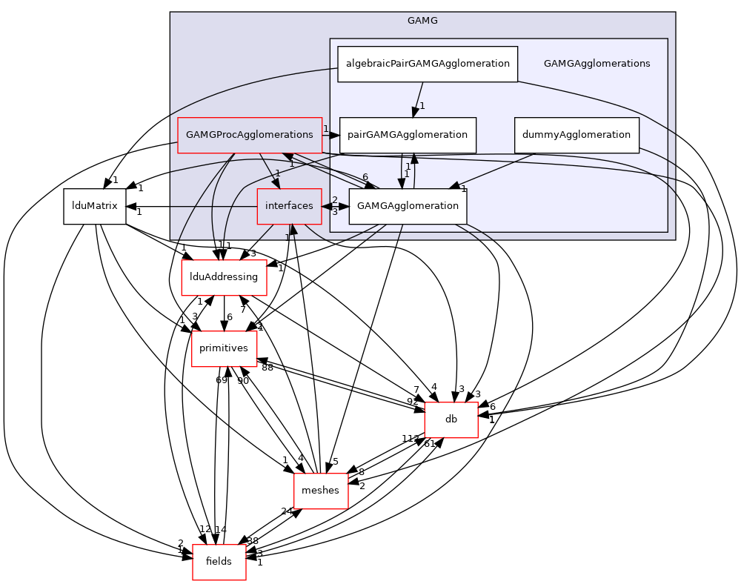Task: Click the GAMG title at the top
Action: click(x=422, y=21)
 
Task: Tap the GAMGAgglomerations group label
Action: click(x=597, y=64)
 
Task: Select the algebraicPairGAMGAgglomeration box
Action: click(x=428, y=64)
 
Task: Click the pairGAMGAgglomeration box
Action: click(x=408, y=135)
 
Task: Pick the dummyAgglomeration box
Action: click(x=576, y=135)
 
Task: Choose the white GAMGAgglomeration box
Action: click(x=408, y=206)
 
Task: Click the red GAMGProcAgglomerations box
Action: click(x=250, y=135)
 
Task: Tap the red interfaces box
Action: click(x=289, y=206)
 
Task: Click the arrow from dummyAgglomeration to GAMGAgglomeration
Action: click(x=496, y=170)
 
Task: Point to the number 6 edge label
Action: click(x=365, y=177)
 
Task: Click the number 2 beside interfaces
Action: click(x=335, y=200)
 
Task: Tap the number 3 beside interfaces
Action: click(x=335, y=212)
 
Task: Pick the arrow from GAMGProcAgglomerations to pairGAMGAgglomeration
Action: click(x=331, y=135)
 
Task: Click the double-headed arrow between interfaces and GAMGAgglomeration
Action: click(x=335, y=206)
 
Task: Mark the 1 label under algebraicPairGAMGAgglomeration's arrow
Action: click(x=422, y=106)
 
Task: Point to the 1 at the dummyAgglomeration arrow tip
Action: click(x=463, y=188)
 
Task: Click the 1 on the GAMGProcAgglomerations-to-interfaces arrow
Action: click(x=277, y=173)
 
